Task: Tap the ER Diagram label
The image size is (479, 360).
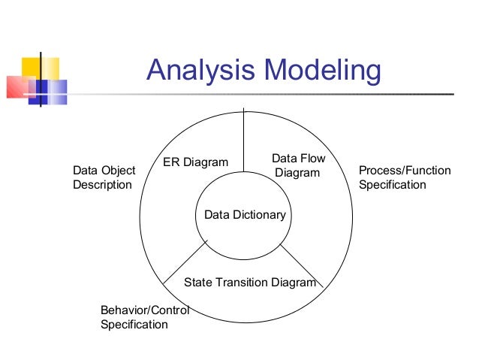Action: [x=195, y=163]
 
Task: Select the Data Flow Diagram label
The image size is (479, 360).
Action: [x=297, y=165]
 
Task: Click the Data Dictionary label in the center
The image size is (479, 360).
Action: [x=245, y=215]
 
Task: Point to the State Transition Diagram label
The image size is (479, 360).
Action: [x=250, y=283]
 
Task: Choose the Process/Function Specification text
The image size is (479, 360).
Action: [x=405, y=177]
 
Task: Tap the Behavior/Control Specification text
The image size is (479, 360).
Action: [x=143, y=317]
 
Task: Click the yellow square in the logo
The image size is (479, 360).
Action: [x=31, y=68]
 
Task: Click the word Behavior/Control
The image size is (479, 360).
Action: [x=144, y=310]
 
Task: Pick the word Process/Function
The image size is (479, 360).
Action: [x=405, y=171]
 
